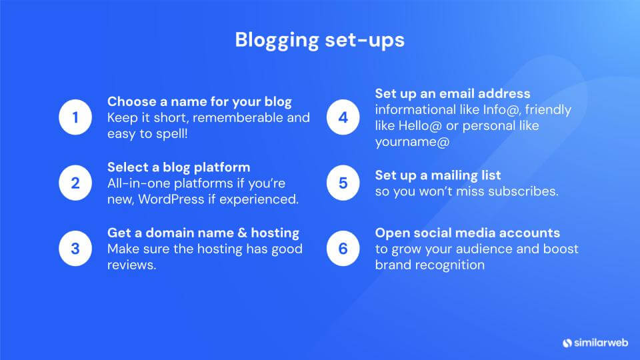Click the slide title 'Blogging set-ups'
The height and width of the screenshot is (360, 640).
point(319,40)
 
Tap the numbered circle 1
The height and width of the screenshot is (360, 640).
point(75,118)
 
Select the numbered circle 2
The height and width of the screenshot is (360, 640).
point(75,183)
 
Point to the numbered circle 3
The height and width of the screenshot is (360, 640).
point(75,249)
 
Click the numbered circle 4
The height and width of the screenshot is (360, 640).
point(343,118)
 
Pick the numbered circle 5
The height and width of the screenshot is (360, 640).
point(343,183)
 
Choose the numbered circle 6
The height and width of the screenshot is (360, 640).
point(343,249)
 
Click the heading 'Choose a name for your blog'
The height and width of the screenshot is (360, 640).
point(199,102)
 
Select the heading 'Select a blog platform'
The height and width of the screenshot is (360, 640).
point(179,167)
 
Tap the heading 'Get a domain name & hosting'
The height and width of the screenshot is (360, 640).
point(203,233)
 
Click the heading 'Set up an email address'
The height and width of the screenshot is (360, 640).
point(453,93)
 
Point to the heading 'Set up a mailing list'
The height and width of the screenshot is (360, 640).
point(438,175)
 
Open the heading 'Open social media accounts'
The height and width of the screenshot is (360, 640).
point(467,233)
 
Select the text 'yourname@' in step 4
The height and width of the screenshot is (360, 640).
point(412,141)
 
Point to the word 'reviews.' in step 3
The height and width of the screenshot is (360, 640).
point(132,265)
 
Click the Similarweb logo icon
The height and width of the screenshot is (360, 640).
point(567,342)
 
